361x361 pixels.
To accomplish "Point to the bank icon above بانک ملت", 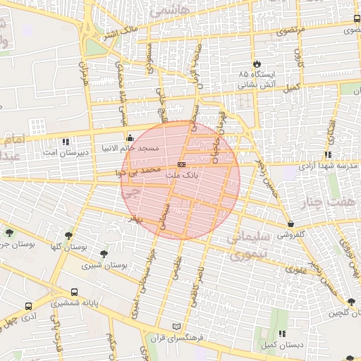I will click(182, 164).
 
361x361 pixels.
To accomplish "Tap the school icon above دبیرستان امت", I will click(66, 141).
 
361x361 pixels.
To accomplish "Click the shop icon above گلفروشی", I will click(291, 224).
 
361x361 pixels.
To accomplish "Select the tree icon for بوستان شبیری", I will click(105, 253).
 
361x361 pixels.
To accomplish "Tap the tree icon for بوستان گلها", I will click(68, 236).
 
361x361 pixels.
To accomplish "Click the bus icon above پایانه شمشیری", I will click(75, 292).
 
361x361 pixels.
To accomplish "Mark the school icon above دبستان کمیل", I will click(283, 334).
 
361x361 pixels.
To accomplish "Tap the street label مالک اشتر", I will click(120, 30).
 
